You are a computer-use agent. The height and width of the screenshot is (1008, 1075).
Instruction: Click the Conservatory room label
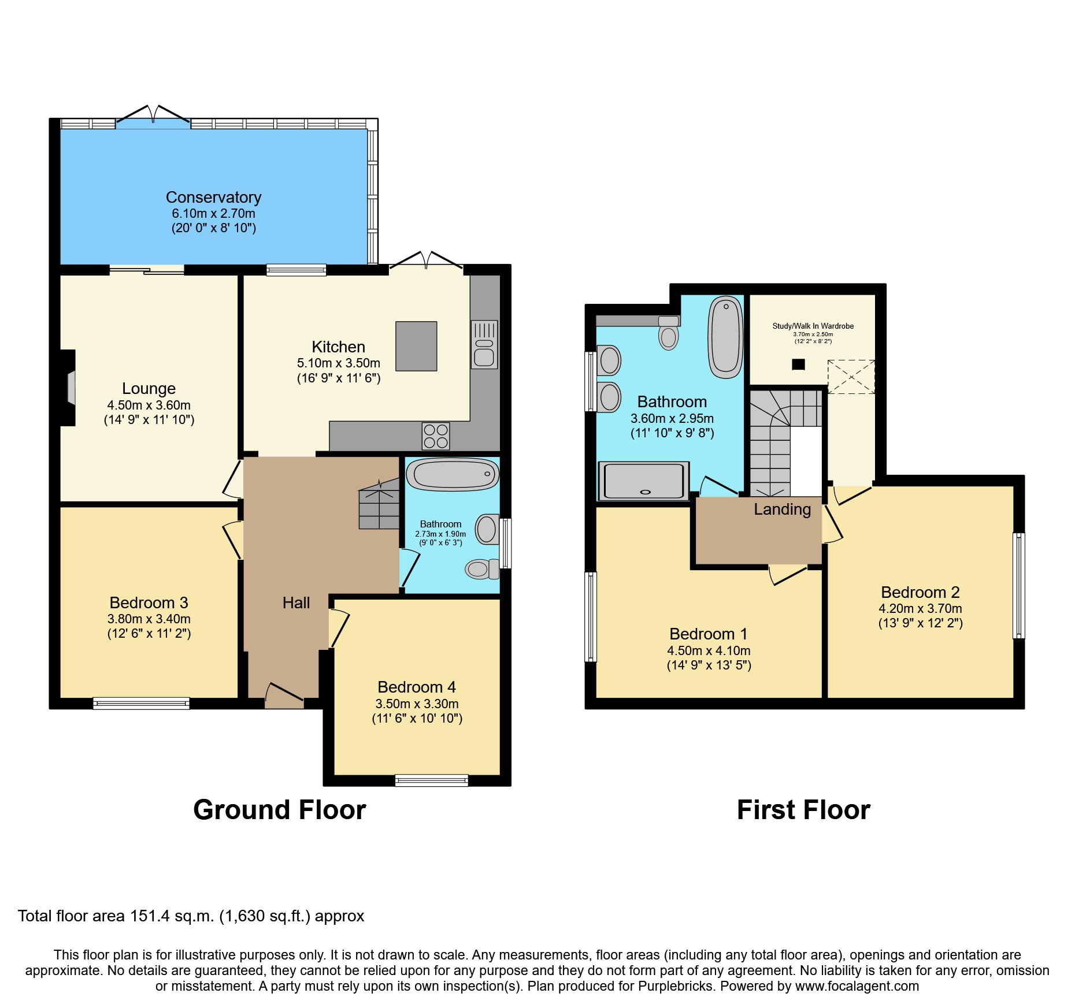[x=213, y=198]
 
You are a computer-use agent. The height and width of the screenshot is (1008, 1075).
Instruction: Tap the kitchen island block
[x=416, y=346]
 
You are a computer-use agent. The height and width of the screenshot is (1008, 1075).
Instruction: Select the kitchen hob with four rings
[x=436, y=436]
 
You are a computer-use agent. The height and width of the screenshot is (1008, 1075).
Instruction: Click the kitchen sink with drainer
[x=484, y=345]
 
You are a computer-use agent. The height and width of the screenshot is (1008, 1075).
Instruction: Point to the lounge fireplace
[x=69, y=388]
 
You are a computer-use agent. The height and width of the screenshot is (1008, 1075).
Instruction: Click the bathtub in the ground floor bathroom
[x=453, y=474]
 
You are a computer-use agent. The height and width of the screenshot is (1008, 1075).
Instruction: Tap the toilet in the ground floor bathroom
[x=481, y=569]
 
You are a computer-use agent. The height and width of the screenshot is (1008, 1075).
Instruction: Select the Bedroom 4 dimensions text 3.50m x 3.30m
[x=417, y=704]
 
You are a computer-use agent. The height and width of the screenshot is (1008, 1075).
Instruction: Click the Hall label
[x=296, y=603]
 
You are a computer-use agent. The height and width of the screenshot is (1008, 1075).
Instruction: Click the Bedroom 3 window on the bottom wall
[x=141, y=703]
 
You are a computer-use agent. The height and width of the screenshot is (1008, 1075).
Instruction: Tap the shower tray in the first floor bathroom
[x=643, y=481]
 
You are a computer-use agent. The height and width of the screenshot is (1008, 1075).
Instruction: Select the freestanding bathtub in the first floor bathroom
[x=726, y=337]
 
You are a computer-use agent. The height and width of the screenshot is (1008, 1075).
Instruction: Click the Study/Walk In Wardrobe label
[x=813, y=326]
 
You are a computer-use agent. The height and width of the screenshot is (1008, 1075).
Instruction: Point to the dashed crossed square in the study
[x=851, y=377]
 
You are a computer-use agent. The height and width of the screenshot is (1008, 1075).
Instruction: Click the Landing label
[x=782, y=509]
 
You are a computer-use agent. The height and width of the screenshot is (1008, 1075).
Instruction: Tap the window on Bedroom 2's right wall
[x=1019, y=585]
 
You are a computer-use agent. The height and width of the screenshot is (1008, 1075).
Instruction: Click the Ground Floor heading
[x=279, y=810]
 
